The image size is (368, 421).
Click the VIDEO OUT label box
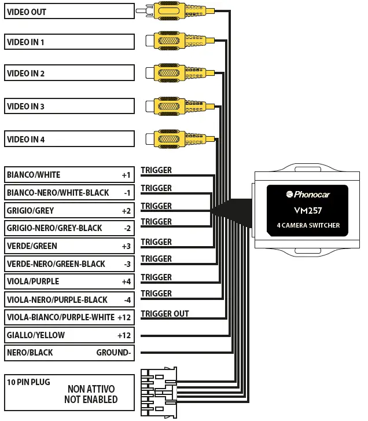coord(69,11)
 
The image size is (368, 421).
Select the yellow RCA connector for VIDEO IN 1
coord(180,41)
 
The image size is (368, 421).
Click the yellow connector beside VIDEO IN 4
coord(180,139)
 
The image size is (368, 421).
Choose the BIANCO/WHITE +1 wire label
coord(69,175)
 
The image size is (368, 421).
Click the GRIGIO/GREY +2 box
coord(69,211)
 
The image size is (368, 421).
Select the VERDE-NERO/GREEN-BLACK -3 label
coord(69,263)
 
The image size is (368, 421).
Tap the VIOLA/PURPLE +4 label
coord(69,281)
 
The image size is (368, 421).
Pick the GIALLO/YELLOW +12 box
coord(69,335)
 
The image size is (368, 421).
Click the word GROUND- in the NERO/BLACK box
coord(113,353)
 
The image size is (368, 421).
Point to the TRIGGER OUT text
coord(165,314)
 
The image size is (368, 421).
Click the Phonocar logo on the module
coord(308,194)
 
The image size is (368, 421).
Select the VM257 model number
coord(308,211)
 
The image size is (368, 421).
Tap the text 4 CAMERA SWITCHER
coord(308,225)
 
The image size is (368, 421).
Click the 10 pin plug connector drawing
coord(159,393)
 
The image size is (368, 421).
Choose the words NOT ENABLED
coord(91,400)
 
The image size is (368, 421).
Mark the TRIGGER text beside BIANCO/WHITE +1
coord(156,170)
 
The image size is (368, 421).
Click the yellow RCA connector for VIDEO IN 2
coord(180,73)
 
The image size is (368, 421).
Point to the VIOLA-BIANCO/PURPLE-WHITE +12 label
coord(69,317)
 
